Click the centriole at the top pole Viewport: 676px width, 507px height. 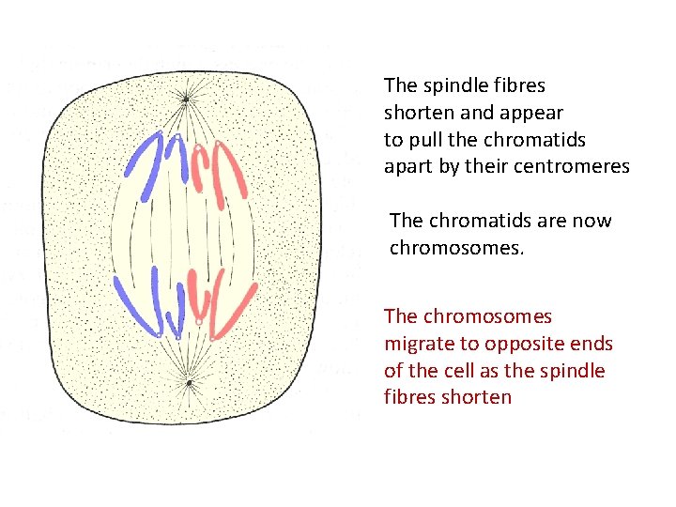[186, 98]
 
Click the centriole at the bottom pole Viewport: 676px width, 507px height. [189, 383]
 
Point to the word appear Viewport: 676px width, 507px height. [530, 113]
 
